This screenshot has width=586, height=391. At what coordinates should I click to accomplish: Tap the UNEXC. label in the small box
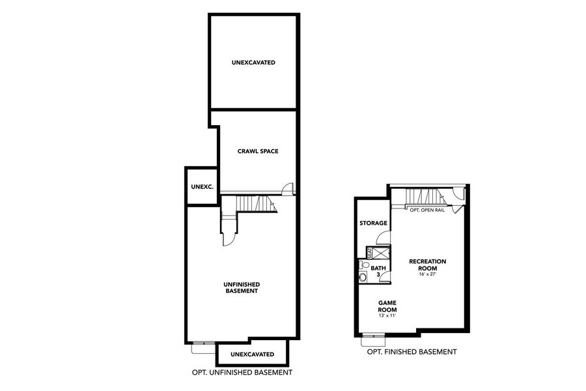pyautogui.click(x=202, y=186)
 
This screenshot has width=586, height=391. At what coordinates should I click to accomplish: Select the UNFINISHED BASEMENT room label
pyautogui.click(x=242, y=287)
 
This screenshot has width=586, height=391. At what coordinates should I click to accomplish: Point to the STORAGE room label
pyautogui.click(x=374, y=223)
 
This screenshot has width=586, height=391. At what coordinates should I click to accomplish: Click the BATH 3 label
pyautogui.click(x=378, y=271)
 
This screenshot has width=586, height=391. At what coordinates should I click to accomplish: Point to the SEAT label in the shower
pyautogui.click(x=370, y=252)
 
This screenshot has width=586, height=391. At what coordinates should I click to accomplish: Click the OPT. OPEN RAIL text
pyautogui.click(x=427, y=210)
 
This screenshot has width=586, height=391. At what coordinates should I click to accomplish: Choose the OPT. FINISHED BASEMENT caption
pyautogui.click(x=412, y=352)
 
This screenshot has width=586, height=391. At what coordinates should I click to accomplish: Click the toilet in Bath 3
pyautogui.click(x=363, y=277)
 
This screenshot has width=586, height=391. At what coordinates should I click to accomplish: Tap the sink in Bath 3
pyautogui.click(x=361, y=265)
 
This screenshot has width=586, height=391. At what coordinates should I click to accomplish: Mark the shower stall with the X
pyautogui.click(x=382, y=252)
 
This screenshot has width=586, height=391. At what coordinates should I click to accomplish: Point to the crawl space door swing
pyautogui.click(x=288, y=189)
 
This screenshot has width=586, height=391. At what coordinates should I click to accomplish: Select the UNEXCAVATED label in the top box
pyautogui.click(x=253, y=63)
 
